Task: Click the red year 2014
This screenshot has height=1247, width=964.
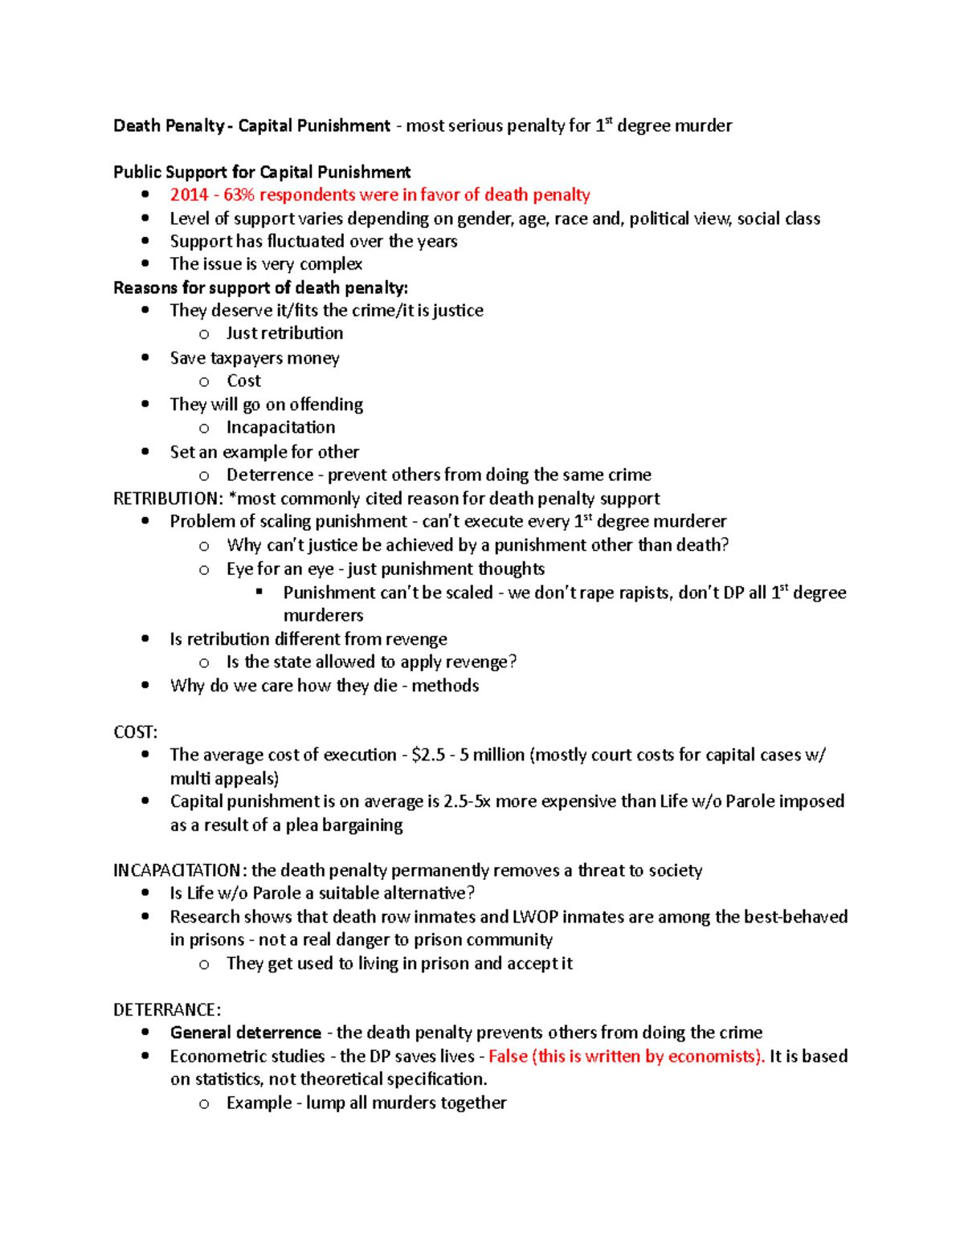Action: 189,195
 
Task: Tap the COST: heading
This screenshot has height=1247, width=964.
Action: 135,732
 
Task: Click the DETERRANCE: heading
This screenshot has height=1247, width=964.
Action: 167,1010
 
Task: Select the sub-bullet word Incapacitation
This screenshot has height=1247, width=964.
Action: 280,428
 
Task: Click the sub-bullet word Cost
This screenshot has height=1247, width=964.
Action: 243,381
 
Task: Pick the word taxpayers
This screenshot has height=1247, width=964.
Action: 245,358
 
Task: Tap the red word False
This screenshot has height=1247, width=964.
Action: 508,1057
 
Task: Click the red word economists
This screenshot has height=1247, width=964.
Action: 715,1057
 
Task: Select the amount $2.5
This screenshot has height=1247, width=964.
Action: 427,756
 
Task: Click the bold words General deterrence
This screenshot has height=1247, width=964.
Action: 245,1033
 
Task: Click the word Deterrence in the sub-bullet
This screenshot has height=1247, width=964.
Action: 269,475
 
